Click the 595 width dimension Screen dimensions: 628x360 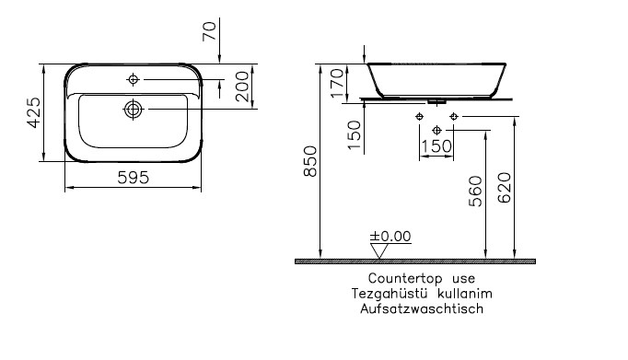click(133, 178)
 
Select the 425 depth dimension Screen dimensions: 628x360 click(34, 112)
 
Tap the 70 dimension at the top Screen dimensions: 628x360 click(209, 31)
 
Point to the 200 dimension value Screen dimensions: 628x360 click(242, 87)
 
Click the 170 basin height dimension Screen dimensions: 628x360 click(337, 83)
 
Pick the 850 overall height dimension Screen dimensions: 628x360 click(310, 161)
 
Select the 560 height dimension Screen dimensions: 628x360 click(475, 192)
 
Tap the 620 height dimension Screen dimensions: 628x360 click(505, 188)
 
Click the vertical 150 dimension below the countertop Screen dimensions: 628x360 click(354, 135)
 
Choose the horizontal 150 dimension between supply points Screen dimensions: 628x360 click(436, 146)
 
